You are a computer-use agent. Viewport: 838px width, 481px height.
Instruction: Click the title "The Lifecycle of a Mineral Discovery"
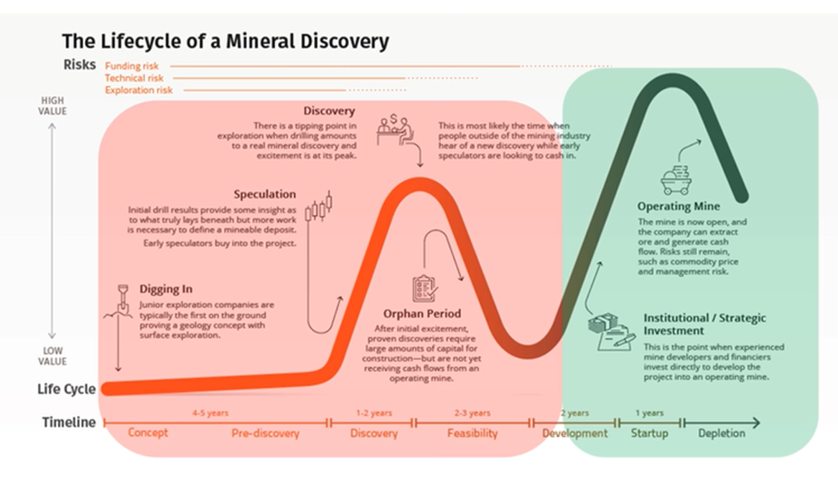point(225,41)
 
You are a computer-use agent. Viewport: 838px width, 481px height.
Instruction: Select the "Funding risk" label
point(132,66)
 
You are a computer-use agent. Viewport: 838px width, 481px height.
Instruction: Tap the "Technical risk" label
point(134,78)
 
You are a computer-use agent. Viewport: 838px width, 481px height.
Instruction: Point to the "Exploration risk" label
point(139,90)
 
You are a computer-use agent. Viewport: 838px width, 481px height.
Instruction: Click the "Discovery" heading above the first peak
point(329,111)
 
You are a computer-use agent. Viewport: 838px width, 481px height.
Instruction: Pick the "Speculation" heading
point(264,195)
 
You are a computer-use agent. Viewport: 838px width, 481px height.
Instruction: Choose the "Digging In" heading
point(166,289)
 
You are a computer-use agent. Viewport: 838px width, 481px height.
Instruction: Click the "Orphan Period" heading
point(422,314)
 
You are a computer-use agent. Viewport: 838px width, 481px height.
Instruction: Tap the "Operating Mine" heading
point(679,207)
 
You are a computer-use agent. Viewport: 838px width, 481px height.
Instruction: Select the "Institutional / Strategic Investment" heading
point(704,324)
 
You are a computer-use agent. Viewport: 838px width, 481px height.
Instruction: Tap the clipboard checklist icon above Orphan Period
point(422,288)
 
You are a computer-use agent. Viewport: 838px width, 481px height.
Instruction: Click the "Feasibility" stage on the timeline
point(472,434)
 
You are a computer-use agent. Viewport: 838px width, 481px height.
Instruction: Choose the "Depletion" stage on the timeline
point(721,434)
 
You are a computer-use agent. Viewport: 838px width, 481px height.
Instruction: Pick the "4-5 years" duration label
point(210,414)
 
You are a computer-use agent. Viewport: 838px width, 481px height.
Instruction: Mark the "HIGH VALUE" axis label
point(52,106)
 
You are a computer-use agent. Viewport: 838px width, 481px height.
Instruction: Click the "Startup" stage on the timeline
point(649,434)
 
